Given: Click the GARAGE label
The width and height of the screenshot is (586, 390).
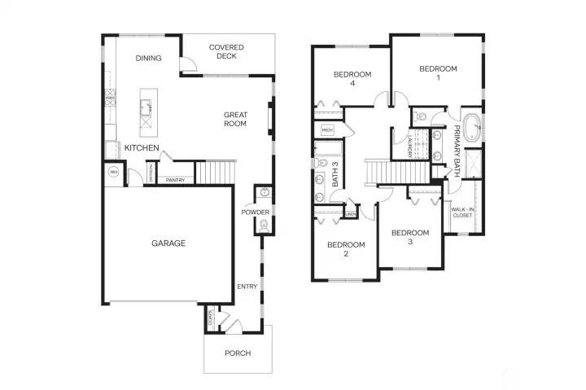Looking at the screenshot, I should [168, 243].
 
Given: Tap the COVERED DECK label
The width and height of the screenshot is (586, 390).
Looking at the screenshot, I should [226, 52].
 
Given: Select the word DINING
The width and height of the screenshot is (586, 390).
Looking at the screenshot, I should [148, 58].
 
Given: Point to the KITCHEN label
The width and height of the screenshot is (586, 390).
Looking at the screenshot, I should [141, 147].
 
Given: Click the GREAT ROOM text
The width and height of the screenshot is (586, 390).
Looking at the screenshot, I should [235, 120].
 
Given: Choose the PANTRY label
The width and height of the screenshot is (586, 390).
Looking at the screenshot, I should [174, 180].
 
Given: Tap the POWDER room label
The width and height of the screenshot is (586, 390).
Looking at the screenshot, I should [255, 212].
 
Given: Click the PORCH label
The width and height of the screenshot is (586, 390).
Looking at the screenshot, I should [237, 353].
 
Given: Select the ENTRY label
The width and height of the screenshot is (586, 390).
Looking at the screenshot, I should [247, 287].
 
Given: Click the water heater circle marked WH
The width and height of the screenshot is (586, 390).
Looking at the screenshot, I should [113, 173].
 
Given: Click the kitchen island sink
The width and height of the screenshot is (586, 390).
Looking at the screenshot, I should [146, 103].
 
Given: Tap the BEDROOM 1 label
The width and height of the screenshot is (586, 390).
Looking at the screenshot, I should [438, 73].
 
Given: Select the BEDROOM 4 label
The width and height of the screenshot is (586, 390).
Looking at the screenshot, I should [352, 78].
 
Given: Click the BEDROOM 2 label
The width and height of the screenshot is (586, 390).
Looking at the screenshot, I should [345, 248].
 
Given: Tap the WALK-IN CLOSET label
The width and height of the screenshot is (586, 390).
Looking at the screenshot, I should [462, 213].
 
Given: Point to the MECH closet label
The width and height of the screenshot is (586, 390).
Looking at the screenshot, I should [328, 130].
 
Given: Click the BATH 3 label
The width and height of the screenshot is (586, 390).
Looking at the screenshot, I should [335, 176].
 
